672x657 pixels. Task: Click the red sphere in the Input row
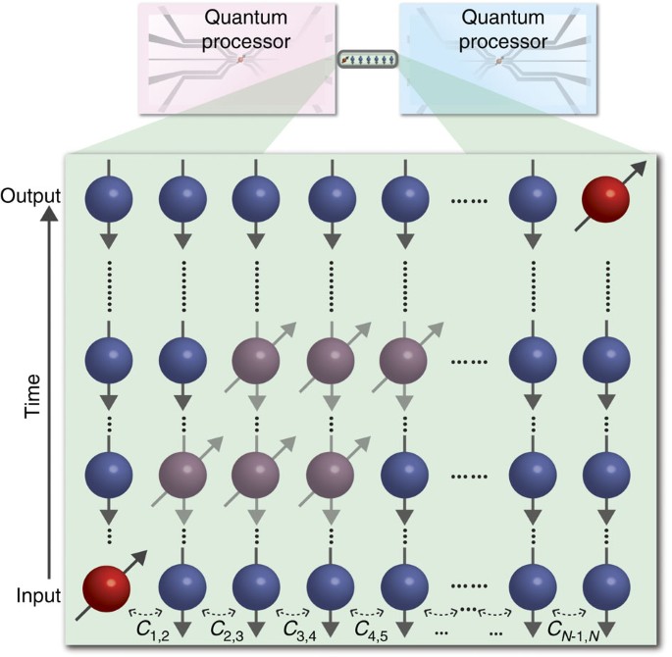(106, 591)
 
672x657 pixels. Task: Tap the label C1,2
(150, 626)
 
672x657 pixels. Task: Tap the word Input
(38, 593)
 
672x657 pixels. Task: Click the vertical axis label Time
(32, 396)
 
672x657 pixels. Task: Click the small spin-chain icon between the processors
(368, 61)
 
